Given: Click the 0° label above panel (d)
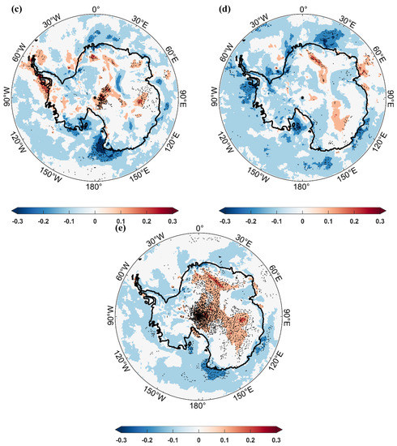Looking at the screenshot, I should [303, 10].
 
